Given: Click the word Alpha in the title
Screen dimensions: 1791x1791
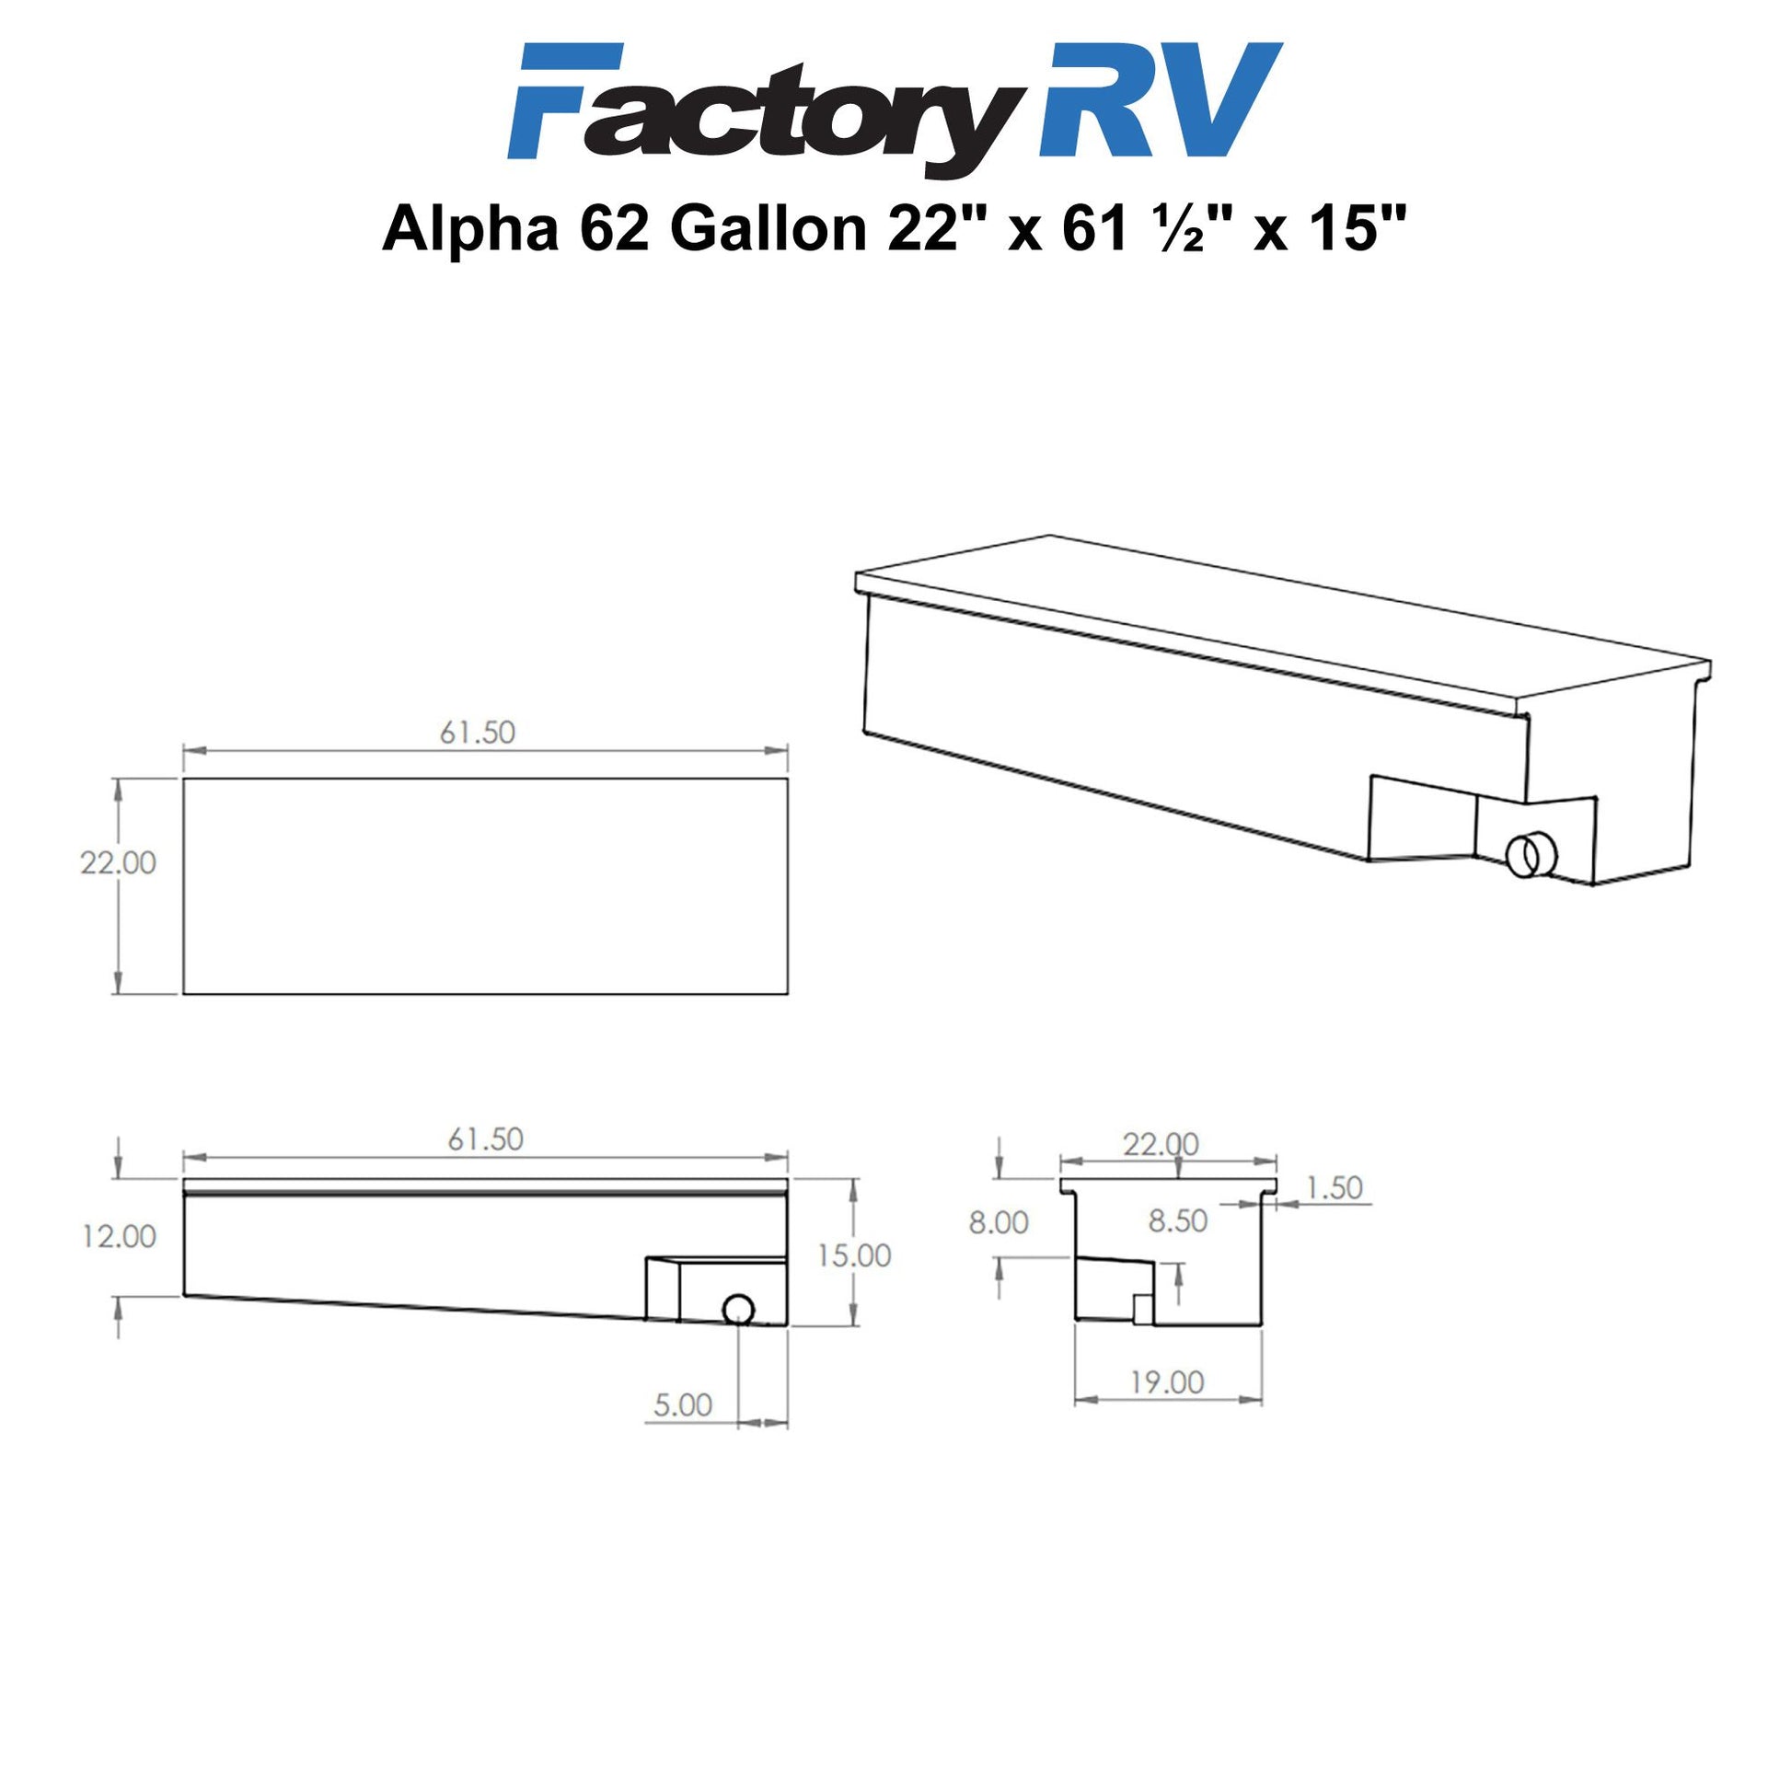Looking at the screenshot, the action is click(471, 230).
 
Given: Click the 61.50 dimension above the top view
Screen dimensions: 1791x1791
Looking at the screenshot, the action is click(478, 733).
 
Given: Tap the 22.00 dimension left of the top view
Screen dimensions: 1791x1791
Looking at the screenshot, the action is click(119, 862).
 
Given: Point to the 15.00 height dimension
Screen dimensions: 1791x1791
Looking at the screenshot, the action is click(854, 1255).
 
